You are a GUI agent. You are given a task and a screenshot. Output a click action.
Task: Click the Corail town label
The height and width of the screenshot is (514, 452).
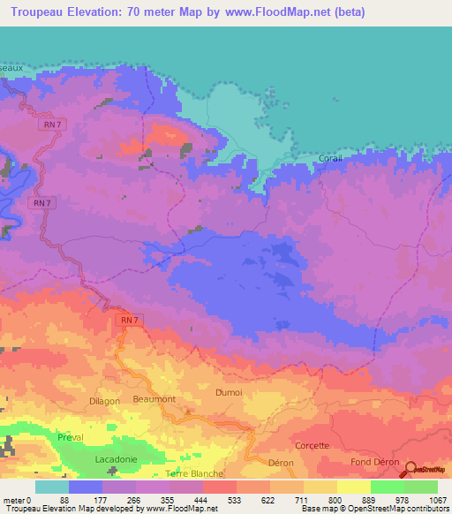coord(329,159)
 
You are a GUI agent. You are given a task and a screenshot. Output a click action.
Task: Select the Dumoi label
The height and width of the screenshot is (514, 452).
coord(228,391)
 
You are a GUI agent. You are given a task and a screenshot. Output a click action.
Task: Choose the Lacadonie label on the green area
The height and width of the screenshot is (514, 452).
coord(117,460)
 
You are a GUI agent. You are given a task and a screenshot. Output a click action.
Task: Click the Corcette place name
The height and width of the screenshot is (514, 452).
coord(313,446)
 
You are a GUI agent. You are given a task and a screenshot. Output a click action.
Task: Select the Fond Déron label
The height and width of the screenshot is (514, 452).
coord(374,463)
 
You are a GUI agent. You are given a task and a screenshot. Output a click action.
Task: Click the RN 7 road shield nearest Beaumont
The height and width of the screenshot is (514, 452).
coord(128,319)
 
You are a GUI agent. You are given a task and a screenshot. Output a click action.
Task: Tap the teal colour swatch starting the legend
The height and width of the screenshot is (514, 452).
coord(52,487)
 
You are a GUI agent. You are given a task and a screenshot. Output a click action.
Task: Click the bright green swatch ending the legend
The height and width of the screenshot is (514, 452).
coord(421,487)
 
